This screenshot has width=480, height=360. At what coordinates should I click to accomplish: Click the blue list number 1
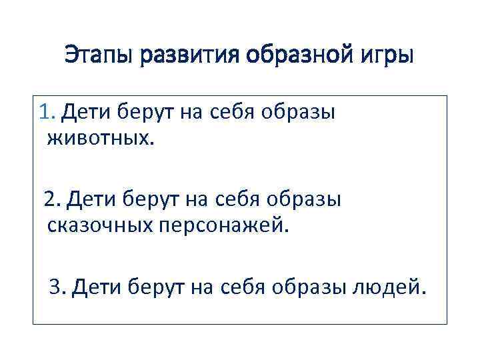[46, 113]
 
